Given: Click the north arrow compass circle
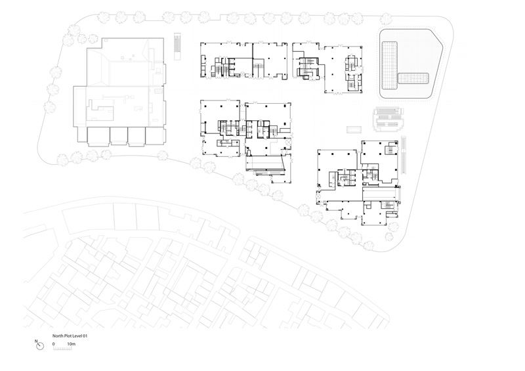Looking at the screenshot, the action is tap(40, 346).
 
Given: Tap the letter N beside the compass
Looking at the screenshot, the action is tap(36, 341).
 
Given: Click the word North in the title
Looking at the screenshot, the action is tap(57, 336).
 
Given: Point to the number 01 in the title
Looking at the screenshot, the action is tap(85, 336).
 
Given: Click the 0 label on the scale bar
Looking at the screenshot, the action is tap(54, 344).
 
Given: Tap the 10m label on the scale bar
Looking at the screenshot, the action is tap(72, 344).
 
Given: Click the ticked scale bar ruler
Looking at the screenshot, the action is tap(62, 349).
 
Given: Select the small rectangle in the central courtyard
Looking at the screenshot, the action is tap(354, 129).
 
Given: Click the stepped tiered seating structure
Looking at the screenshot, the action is tap(388, 120).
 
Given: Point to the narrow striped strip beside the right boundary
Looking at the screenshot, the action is tap(404, 155).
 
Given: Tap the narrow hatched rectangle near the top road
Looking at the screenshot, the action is tap(177, 46).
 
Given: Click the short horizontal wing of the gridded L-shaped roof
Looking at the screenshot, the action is tap(413, 79).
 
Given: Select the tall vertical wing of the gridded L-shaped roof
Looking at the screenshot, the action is tap(390, 66).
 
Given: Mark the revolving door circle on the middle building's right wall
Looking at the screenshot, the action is tap(289, 142).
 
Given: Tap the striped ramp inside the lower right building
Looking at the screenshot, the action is tap(381, 194).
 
